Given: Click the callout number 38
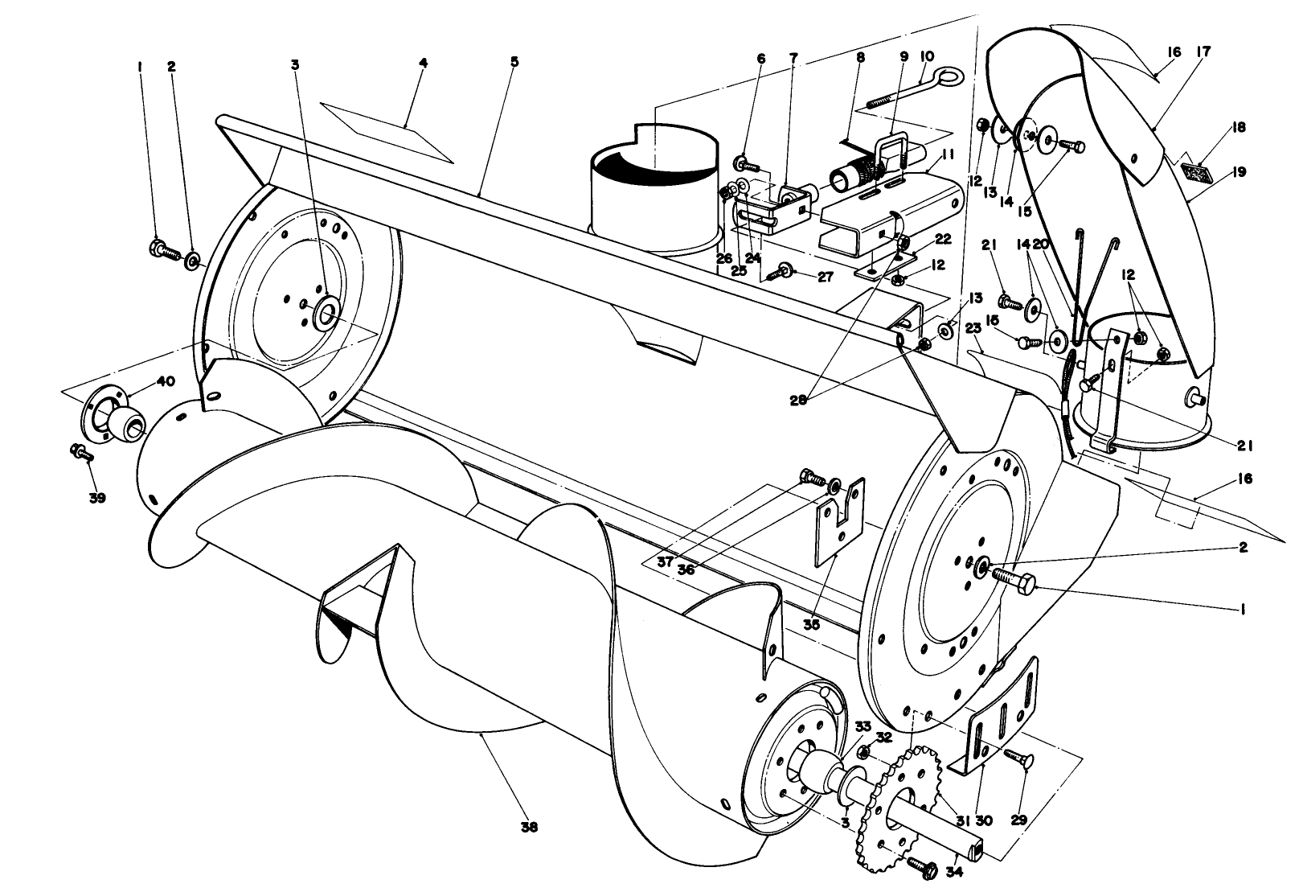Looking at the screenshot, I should [529, 827].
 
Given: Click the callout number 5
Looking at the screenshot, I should [514, 61].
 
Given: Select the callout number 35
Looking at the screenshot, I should [812, 623].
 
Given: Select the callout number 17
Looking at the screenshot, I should [1203, 52].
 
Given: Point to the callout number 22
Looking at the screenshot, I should [943, 238].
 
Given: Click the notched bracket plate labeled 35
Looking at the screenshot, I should [838, 521].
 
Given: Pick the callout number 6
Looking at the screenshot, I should [760, 60].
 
